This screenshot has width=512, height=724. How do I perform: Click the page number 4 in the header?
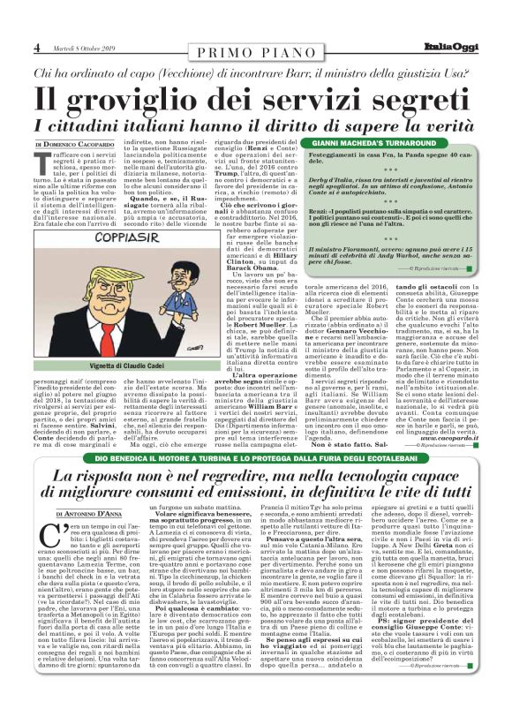point(38,48)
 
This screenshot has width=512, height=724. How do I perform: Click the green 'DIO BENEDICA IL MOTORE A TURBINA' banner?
point(256,459)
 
